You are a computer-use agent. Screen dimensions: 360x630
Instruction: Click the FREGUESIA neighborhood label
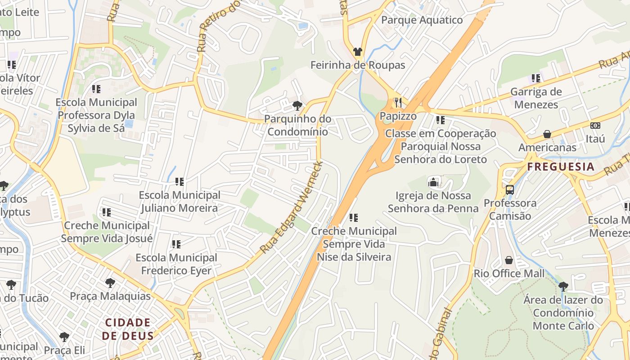pos(561,167)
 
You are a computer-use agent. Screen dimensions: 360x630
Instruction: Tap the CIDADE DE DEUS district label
pos(128,329)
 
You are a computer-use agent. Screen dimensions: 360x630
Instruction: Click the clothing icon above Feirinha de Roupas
pos(358,52)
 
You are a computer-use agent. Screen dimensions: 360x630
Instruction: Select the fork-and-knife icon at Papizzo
pos(398,103)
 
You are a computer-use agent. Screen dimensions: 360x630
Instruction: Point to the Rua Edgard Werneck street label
pos(291,207)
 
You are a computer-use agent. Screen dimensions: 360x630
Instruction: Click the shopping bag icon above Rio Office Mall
pos(509,260)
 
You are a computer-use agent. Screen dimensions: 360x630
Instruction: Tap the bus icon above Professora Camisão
pos(509,190)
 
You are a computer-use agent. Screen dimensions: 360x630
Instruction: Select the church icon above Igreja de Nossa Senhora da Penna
pos(433,182)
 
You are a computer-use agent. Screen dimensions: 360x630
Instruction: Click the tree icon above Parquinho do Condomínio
pos(297,106)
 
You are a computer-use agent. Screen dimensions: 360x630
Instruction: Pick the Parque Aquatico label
pos(422,20)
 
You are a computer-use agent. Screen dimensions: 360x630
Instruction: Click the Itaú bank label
pos(595,139)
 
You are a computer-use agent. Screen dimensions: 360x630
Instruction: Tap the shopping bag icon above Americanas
pos(547,134)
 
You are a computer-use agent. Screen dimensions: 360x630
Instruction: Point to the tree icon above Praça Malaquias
pos(110,283)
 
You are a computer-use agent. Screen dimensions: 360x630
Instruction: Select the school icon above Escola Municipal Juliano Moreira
pos(180,182)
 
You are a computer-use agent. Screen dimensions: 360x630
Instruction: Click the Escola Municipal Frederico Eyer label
pos(176,264)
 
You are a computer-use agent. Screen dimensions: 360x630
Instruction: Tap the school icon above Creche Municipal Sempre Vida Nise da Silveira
pos(354,218)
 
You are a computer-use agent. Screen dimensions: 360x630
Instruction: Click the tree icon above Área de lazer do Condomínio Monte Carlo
pos(563,286)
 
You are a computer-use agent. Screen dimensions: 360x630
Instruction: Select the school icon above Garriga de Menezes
pos(535,78)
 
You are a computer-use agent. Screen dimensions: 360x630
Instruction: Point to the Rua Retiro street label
pos(213,27)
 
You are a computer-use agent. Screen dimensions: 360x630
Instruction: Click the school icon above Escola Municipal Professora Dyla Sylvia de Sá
pos(96,89)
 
